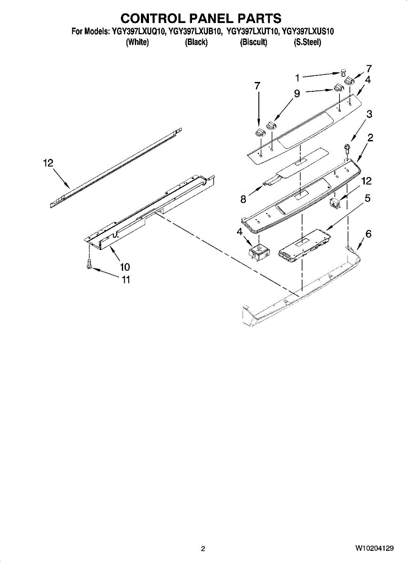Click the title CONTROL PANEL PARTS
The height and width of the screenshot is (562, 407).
point(201,18)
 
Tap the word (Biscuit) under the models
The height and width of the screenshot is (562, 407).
point(253,43)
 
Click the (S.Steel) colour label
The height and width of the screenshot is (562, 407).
point(307,43)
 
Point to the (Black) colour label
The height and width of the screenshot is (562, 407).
point(196,43)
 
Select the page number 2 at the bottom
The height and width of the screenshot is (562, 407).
point(203,549)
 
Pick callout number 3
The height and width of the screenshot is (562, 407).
point(370,114)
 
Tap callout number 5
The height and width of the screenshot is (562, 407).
point(368,199)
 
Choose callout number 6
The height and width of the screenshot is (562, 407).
point(369,234)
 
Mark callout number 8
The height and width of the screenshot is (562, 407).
point(243,200)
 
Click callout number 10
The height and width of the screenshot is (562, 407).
point(125,267)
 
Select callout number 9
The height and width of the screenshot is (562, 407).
point(297,94)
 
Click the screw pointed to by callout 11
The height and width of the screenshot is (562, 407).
point(89,265)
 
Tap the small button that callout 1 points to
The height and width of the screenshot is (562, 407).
point(343,72)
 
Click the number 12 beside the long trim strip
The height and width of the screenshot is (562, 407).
point(48,163)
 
